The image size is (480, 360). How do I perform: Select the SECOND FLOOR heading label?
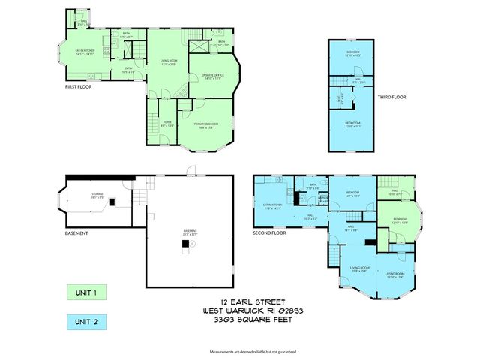pos(269,232)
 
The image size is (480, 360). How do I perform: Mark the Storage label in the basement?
pos(97,194)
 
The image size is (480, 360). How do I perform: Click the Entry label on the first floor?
pos(128,70)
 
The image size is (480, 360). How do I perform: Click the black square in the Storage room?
pos(110,202)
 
